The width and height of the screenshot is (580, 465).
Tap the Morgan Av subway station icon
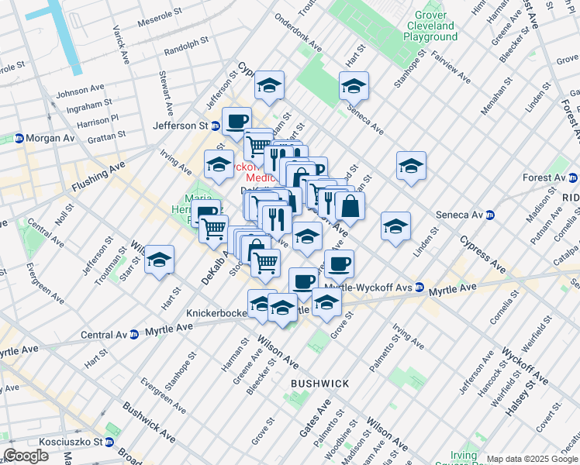pyautogui.click(x=19, y=138)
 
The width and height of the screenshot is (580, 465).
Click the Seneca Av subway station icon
pyautogui.click(x=489, y=215)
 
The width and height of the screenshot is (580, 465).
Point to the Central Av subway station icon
pyautogui.click(x=134, y=335)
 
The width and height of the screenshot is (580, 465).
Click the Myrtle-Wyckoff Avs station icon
pyautogui.click(x=419, y=287)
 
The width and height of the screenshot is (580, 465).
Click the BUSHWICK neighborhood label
pyautogui.click(x=319, y=384)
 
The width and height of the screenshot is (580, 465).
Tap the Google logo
pyautogui.click(x=26, y=456)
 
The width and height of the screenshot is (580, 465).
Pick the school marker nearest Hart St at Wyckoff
pyautogui.click(x=269, y=85)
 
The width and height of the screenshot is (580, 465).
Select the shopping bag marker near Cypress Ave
pyautogui.click(x=350, y=206)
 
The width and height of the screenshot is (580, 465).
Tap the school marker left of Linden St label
pyautogui.click(x=395, y=226)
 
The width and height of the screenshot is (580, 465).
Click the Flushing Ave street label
pyautogui.click(x=98, y=177)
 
